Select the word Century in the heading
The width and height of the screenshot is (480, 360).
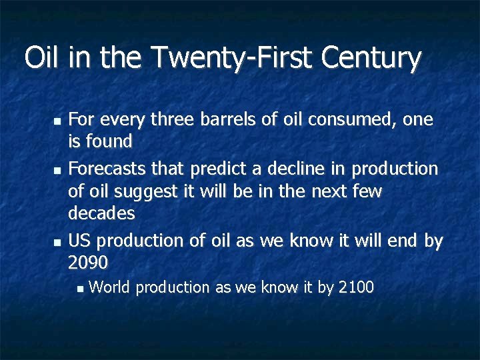tap(371, 58)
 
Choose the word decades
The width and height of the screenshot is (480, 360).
tap(101, 214)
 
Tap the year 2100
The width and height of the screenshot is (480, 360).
tap(356, 288)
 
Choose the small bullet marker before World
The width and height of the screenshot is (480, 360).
tap(79, 289)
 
